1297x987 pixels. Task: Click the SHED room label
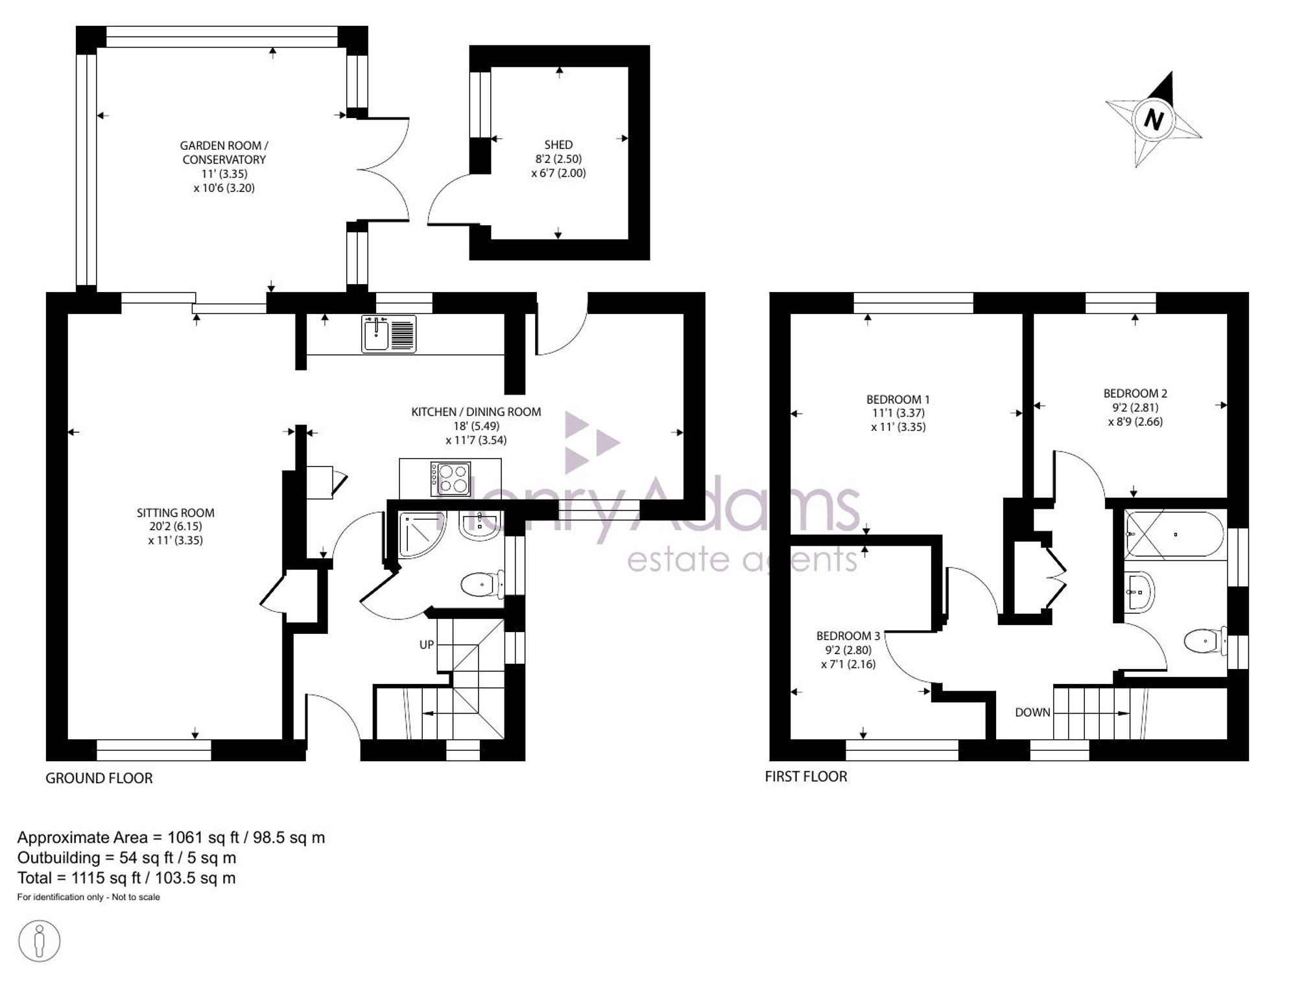558,145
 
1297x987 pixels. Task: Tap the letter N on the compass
1153,119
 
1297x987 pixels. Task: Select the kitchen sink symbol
389,334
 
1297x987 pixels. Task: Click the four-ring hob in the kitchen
451,479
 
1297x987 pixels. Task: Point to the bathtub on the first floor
1174,535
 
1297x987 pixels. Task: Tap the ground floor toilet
483,585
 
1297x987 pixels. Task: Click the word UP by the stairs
427,644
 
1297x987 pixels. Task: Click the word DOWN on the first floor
1032,712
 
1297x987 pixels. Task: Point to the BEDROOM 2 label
1135,393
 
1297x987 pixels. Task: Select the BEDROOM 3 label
848,636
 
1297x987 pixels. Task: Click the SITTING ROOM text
175,513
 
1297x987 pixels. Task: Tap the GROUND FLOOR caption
99,778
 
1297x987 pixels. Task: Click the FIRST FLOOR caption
806,776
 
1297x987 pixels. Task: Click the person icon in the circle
40,941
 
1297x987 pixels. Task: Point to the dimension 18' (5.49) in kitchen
476,426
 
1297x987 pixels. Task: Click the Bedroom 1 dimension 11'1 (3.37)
898,413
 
